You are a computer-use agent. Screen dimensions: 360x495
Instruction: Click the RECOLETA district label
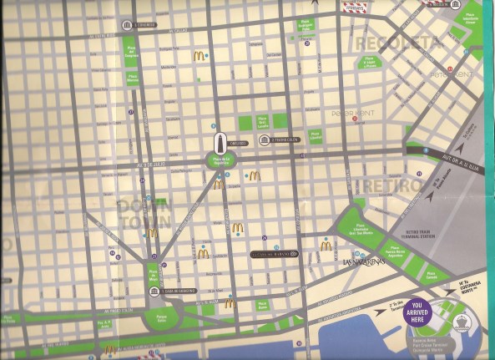[x=397, y=42]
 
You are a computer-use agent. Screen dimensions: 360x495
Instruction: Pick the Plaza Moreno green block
[x=132, y=79]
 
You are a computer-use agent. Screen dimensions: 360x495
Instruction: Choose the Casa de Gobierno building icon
[x=155, y=291]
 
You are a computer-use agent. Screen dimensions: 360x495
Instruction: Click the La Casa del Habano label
[x=274, y=253]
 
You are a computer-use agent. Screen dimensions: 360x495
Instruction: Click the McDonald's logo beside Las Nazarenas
[x=326, y=246]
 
